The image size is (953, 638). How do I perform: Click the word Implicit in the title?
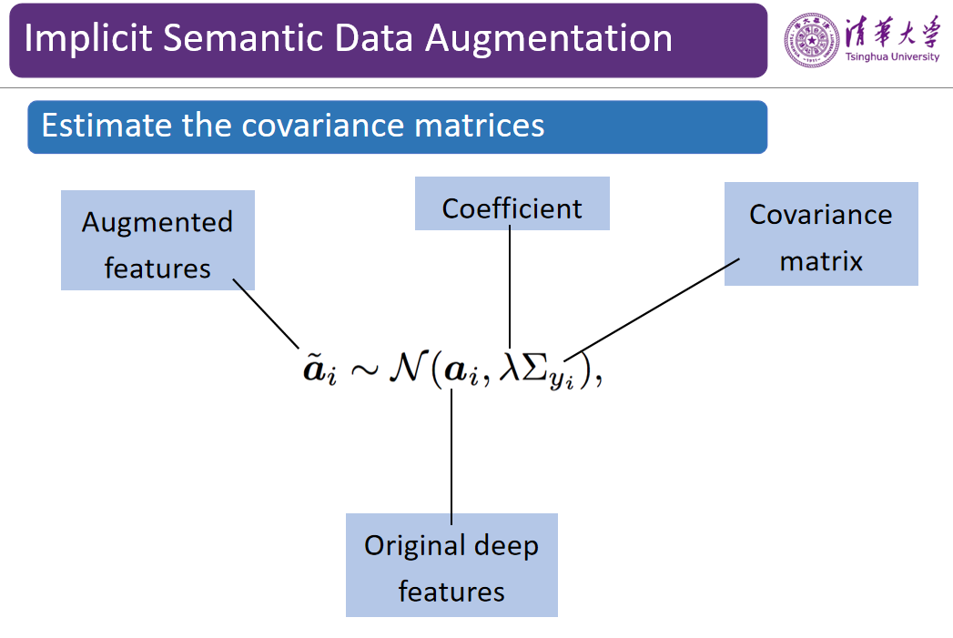[88, 38]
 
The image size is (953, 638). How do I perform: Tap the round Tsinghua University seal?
[811, 40]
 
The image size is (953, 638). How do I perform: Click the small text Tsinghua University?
[892, 56]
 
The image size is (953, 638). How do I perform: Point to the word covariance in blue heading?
[323, 126]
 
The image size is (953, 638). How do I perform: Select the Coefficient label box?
[512, 204]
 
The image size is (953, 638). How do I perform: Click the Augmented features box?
[157, 240]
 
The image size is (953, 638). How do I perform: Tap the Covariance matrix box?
[821, 234]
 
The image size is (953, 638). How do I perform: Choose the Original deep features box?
[451, 565]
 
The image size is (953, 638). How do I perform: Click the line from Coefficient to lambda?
[510, 287]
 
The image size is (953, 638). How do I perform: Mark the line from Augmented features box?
[266, 313]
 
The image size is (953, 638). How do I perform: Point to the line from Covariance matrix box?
[652, 309]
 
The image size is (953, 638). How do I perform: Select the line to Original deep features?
[451, 457]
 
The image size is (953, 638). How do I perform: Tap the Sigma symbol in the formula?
[534, 367]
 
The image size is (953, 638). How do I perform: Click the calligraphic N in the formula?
[408, 367]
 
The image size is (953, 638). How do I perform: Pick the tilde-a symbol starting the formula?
[319, 369]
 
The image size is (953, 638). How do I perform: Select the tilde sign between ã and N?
[363, 369]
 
